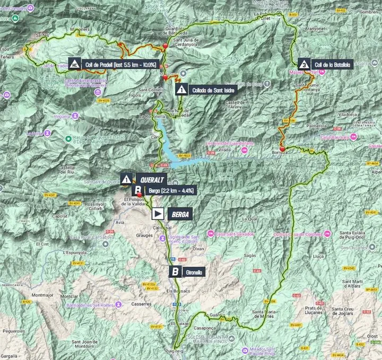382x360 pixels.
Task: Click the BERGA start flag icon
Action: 158,214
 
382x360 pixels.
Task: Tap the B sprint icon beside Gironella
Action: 175,272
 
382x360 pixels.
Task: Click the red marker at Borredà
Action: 282,148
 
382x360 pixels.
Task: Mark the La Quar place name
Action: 249,218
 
